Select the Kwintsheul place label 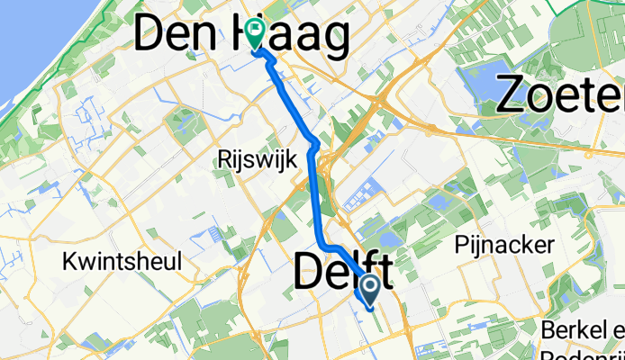coord(122,262)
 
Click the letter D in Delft coord(308,273)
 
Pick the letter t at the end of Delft coord(385,273)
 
